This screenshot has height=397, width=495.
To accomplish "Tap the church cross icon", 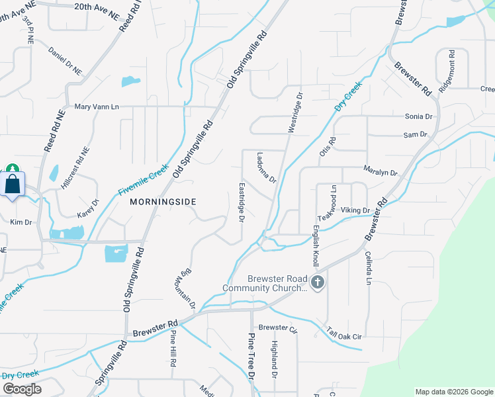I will click(318, 283).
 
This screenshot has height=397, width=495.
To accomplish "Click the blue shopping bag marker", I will click(13, 185).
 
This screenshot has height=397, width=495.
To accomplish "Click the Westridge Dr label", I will click(294, 112).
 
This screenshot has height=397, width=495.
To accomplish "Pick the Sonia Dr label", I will click(418, 116).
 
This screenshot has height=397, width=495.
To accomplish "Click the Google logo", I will click(22, 389).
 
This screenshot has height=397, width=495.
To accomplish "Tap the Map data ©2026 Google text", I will click(453, 392).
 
